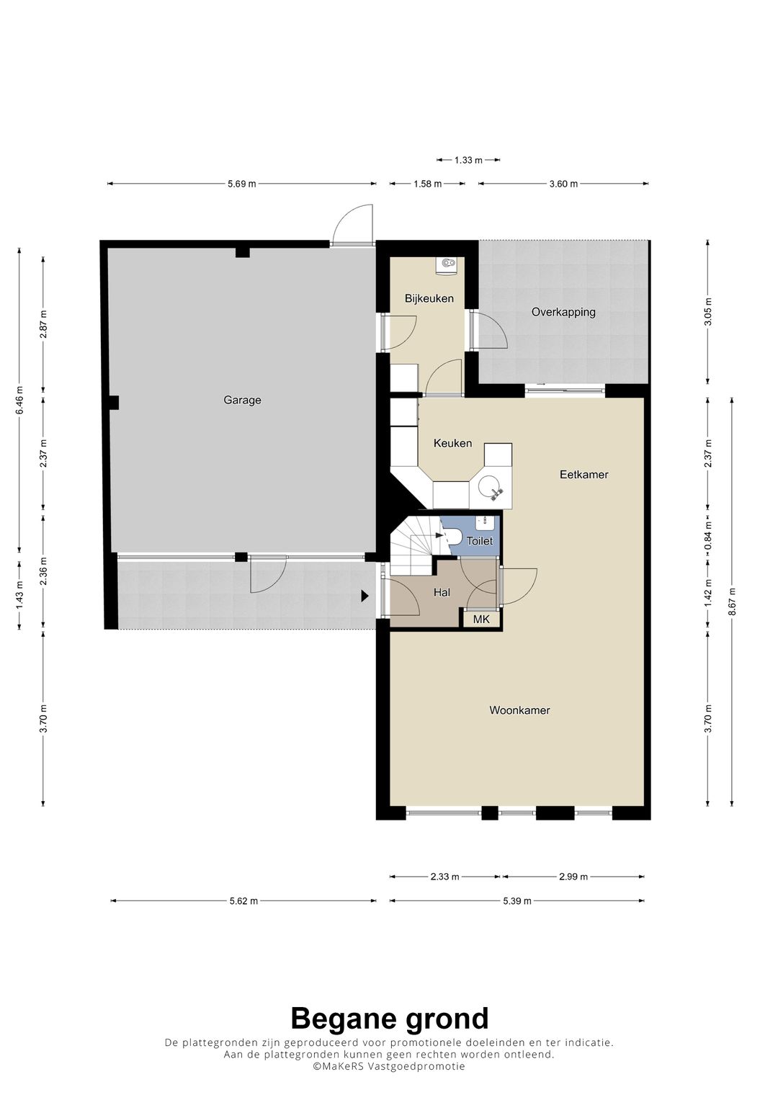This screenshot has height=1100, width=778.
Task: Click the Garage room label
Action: tap(242, 401)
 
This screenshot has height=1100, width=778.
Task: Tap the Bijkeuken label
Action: tap(429, 298)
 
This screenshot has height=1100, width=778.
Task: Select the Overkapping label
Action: tap(563, 313)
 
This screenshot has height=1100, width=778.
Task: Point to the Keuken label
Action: tap(452, 444)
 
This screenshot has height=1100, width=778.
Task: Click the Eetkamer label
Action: tap(584, 475)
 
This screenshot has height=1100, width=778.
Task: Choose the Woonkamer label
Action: tap(519, 710)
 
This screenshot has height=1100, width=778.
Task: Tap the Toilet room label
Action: tap(479, 541)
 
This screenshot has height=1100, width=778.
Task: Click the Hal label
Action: tap(442, 593)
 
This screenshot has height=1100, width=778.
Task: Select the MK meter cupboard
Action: tap(481, 620)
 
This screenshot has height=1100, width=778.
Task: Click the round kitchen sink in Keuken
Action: tap(491, 488)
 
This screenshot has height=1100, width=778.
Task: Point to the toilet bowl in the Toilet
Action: tap(452, 536)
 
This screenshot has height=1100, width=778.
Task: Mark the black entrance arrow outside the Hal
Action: tap(365, 596)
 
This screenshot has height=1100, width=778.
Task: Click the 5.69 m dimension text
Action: tap(241, 184)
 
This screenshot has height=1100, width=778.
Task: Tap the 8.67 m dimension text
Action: tap(732, 601)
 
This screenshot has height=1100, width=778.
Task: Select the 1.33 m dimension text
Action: tap(468, 160)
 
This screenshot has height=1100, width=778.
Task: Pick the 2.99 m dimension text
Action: tap(573, 877)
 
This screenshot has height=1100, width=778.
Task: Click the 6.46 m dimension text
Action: tap(19, 401)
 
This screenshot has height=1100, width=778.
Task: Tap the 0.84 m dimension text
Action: tap(707, 536)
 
